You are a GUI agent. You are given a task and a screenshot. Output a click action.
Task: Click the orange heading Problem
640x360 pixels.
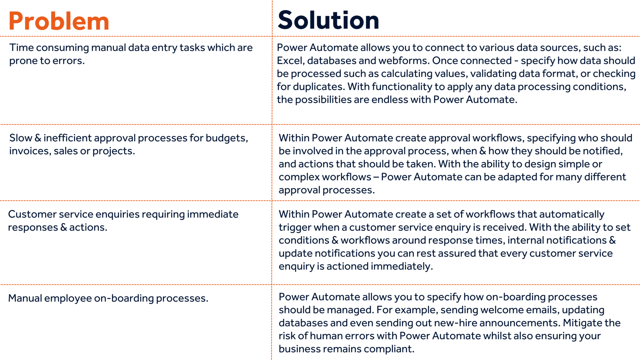tap(59, 21)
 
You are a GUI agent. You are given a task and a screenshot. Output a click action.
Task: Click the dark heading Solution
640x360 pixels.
tap(328, 20)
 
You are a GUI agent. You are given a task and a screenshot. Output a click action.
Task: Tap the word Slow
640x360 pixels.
tap(20, 138)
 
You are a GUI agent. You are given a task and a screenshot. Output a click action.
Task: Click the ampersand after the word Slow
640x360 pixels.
tap(38, 138)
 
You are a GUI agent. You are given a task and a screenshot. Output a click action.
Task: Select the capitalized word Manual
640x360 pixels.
tap(25, 298)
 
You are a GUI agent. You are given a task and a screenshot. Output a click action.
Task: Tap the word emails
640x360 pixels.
tap(542, 310)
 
